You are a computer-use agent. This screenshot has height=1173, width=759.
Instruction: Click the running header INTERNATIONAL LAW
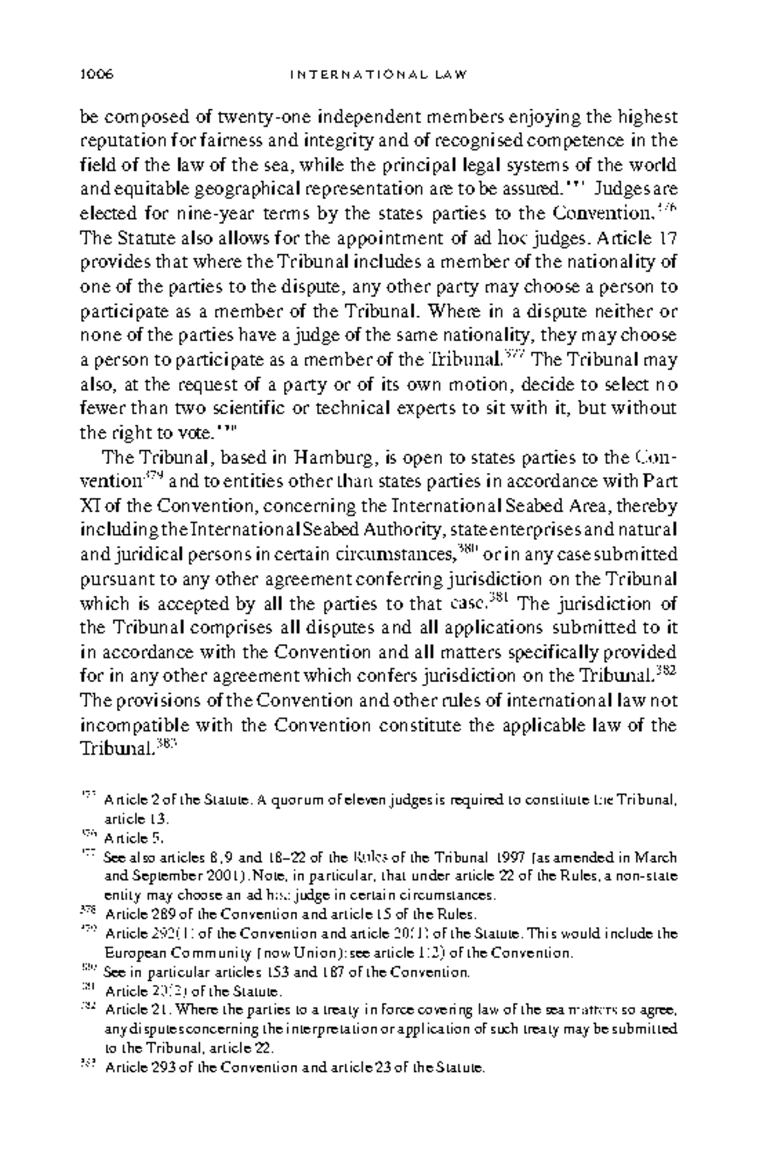(379, 75)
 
